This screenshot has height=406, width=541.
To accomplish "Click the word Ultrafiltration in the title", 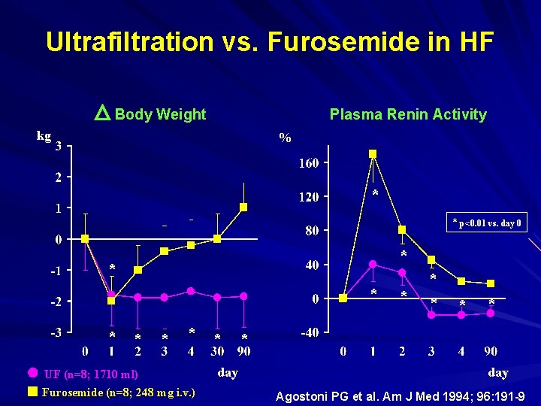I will tap(128, 41).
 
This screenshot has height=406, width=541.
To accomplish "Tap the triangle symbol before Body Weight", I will tap(103, 114).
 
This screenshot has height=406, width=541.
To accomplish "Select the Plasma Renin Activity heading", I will tap(407, 114).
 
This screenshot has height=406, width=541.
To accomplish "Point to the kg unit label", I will tap(44, 136).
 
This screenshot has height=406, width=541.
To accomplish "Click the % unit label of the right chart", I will tap(285, 138).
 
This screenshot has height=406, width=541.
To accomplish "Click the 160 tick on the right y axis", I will tap(308, 163).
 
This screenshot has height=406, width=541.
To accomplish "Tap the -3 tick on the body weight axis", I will tap(57, 331).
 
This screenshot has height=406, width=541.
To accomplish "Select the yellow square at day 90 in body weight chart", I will tap(243, 207).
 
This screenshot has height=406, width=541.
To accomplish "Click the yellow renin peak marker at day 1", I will tap(373, 154).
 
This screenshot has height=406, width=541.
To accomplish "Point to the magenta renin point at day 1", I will tap(373, 264).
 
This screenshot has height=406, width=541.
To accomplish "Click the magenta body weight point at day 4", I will tap(191, 291).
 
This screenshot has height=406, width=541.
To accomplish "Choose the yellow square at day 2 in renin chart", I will tap(402, 229).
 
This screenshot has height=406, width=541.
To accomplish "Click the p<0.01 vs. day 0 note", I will tap(487, 223).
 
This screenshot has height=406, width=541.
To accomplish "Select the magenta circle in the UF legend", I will tap(32, 373).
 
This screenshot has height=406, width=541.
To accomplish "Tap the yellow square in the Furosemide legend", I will tap(32, 391).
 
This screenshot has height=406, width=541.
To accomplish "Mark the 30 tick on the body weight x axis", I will tap(217, 351).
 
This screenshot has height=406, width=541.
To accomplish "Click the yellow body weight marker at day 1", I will tap(111, 300).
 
